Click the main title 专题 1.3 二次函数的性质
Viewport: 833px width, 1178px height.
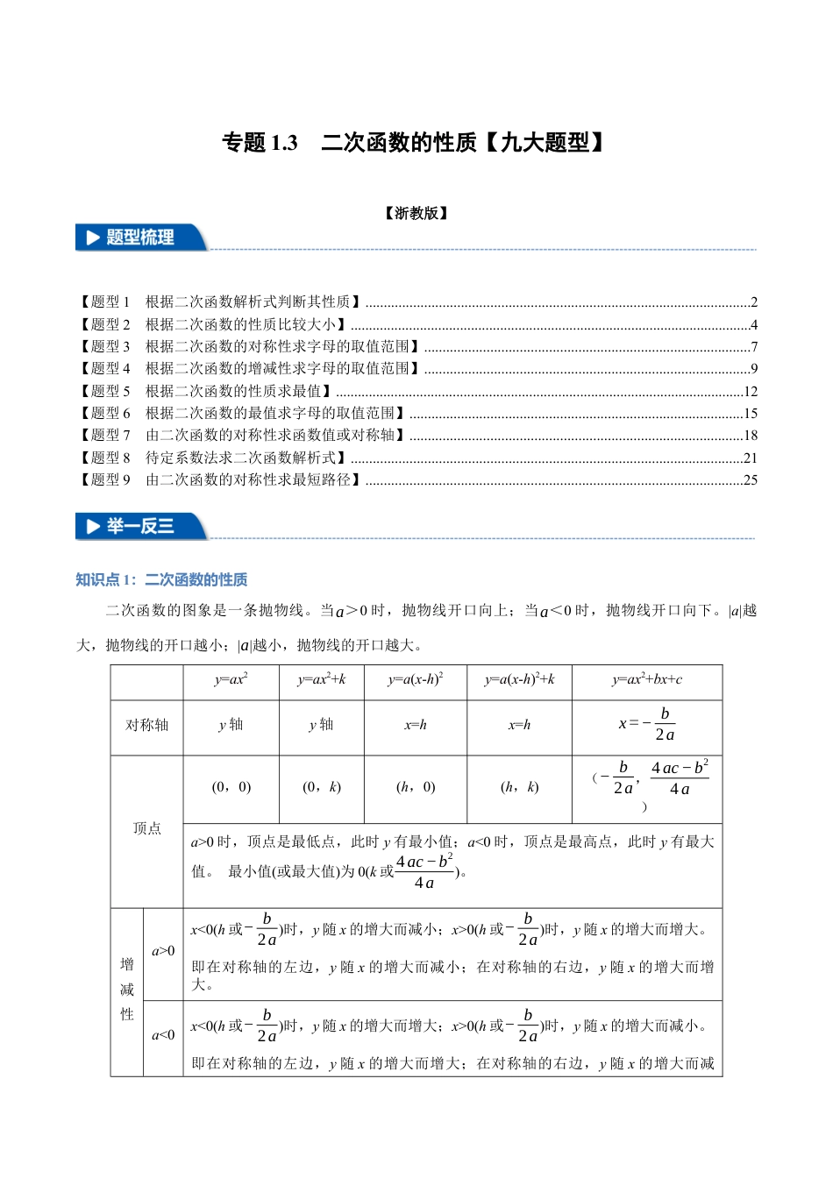[414, 143]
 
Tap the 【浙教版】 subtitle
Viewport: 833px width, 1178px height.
[416, 213]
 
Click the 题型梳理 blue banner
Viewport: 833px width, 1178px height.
[140, 238]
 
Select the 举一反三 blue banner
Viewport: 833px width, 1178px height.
[140, 526]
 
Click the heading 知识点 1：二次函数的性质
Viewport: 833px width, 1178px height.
[161, 579]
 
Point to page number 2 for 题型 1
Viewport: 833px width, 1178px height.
[753, 302]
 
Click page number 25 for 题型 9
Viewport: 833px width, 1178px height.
[750, 480]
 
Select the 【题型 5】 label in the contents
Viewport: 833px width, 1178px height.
[104, 391]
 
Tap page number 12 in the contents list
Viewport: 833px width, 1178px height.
[750, 392]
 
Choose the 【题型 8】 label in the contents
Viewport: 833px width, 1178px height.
[104, 458]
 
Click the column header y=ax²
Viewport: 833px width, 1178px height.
[231, 680]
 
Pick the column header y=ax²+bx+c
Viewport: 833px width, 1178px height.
[646, 680]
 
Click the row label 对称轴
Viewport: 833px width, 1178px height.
[146, 725]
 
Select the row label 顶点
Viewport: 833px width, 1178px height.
[146, 828]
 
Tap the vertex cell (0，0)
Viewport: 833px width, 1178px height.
[231, 787]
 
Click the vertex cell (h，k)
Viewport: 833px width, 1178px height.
[519, 787]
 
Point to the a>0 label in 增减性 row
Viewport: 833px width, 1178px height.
[163, 951]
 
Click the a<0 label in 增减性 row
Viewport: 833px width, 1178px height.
[163, 1035]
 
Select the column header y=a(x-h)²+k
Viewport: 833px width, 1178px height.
[519, 680]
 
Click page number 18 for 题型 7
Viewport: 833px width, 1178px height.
[750, 436]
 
